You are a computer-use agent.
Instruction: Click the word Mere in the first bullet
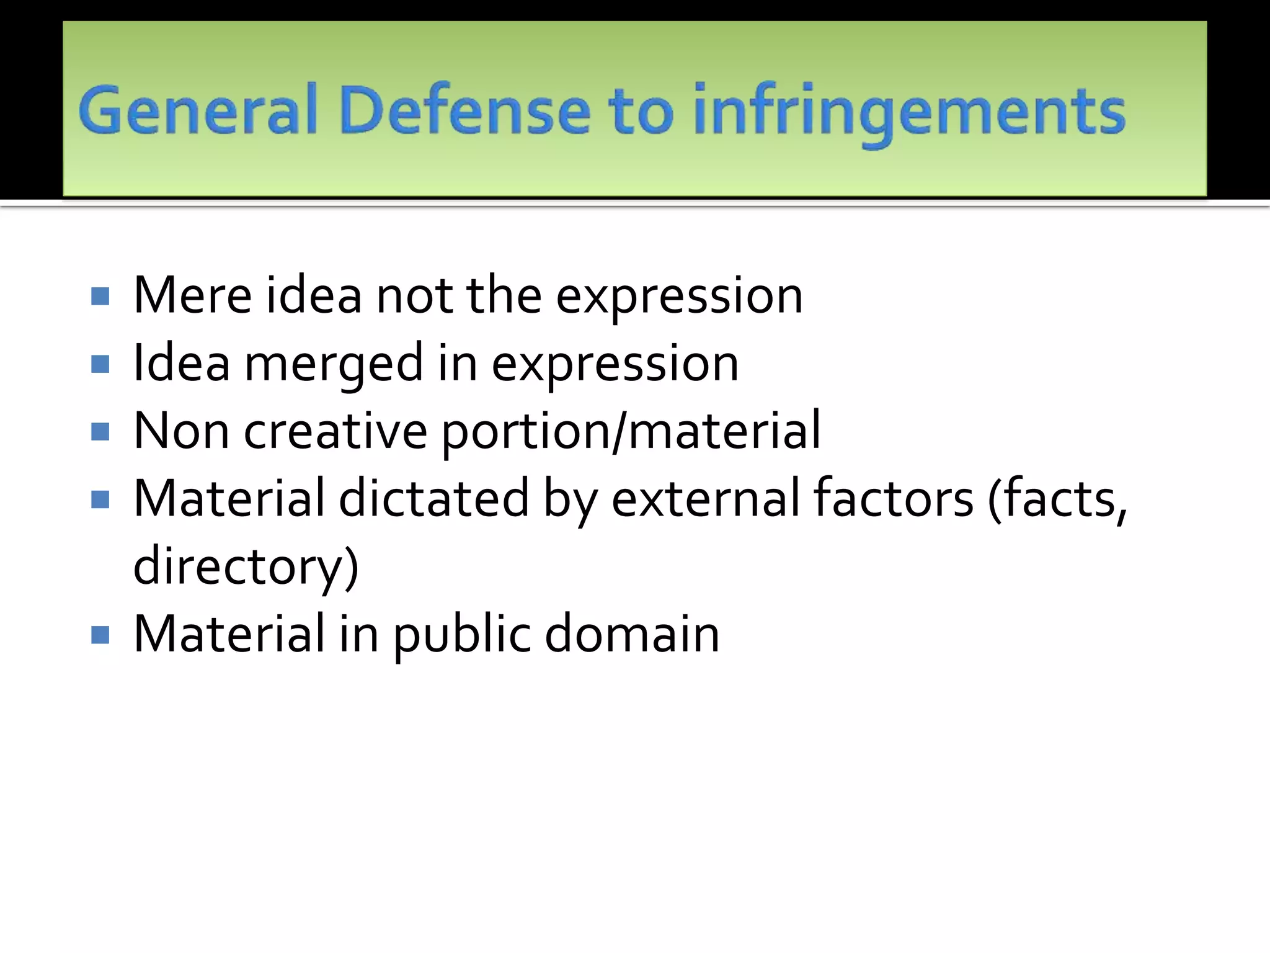coord(192,295)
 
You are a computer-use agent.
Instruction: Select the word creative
coord(335,431)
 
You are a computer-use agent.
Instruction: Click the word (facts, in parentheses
coord(1057,499)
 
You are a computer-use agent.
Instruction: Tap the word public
coord(462,635)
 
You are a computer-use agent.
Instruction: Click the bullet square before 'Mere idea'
coord(100,296)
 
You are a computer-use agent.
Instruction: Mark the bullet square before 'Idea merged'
coord(100,364)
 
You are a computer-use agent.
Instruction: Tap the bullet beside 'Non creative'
coord(100,431)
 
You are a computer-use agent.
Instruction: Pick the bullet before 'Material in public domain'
coord(100,635)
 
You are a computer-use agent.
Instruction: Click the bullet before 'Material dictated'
coord(100,499)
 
